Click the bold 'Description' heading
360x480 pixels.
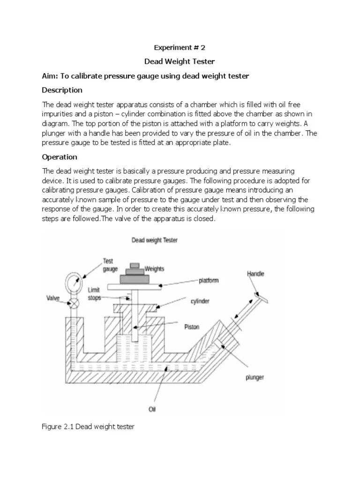(62, 90)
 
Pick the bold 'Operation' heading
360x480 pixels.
(60, 157)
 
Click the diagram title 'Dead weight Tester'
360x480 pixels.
(154, 240)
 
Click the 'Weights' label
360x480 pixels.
(155, 269)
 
